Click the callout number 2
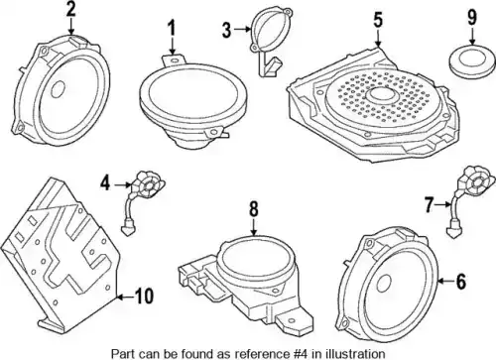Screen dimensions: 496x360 [x=71, y=9]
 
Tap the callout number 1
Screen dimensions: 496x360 [x=172, y=29]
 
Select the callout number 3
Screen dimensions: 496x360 [x=227, y=30]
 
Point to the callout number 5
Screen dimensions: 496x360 [x=378, y=20]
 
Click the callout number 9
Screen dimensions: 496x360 [x=472, y=17]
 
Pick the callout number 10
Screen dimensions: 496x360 [x=145, y=297]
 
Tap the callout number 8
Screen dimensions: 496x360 [x=253, y=209]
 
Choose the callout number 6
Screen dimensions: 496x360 [x=460, y=282]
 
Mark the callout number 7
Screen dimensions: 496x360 [x=429, y=205]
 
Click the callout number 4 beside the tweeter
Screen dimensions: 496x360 [x=105, y=183]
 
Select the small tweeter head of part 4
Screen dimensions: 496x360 [x=148, y=183]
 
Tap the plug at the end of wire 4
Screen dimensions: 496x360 [x=127, y=230]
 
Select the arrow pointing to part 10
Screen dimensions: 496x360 [x=126, y=298]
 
